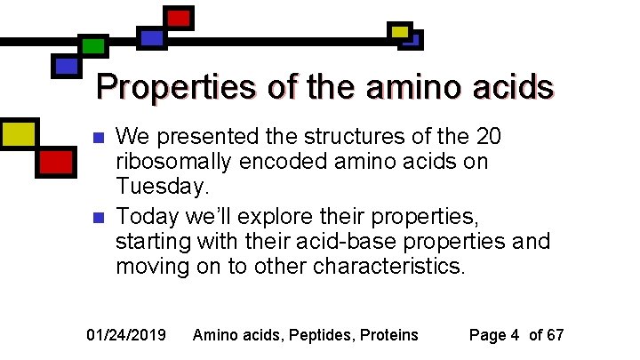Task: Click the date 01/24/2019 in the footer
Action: tap(125, 335)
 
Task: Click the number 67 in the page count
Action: tap(555, 335)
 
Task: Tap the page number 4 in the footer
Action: tap(515, 335)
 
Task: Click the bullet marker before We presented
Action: tap(99, 139)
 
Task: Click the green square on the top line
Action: tap(93, 45)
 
